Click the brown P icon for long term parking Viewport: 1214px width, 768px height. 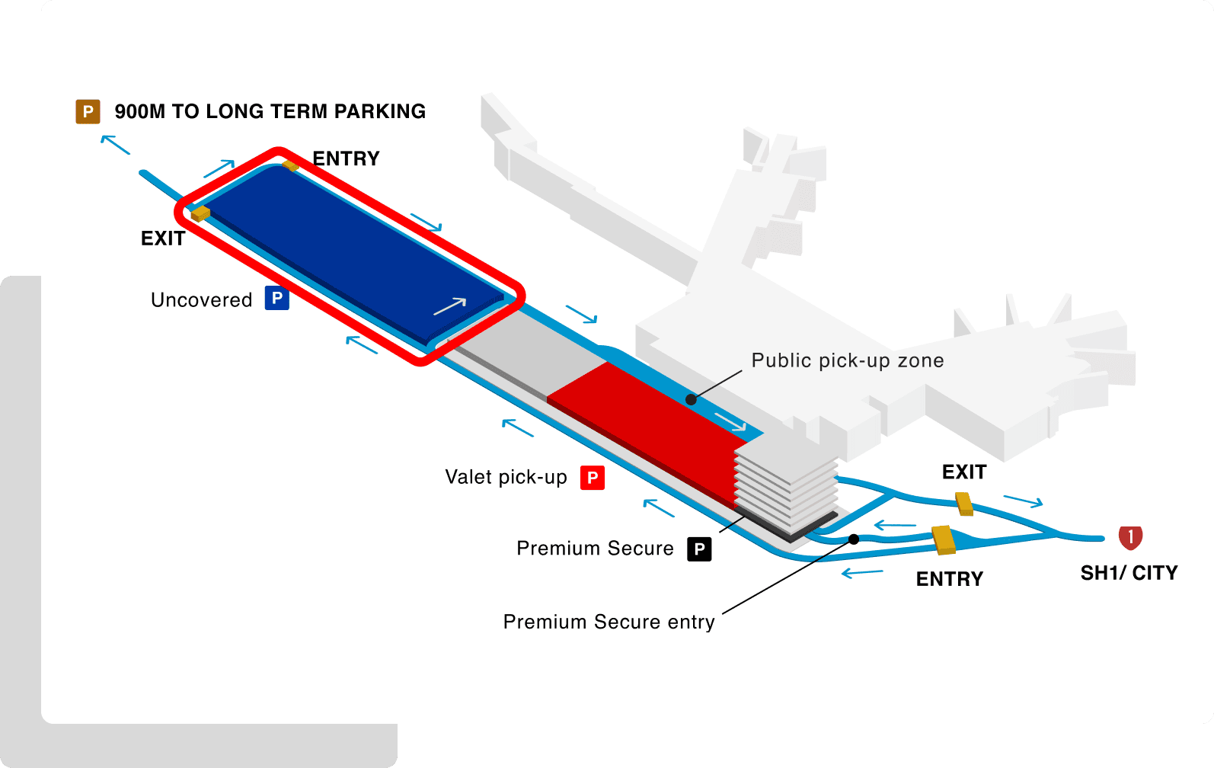click(x=88, y=112)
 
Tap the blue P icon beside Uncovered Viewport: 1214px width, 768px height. click(x=276, y=298)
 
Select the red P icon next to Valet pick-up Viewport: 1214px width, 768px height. click(x=592, y=478)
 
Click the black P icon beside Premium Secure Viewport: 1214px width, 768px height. click(x=699, y=549)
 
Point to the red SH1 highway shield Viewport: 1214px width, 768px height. click(x=1130, y=537)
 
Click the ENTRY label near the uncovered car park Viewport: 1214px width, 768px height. click(x=346, y=158)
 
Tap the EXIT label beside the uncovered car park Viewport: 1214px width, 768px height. click(x=163, y=238)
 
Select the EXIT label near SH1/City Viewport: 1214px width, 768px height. click(x=964, y=472)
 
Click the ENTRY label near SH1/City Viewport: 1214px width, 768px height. click(x=949, y=579)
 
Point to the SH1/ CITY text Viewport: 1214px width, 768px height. click(x=1129, y=573)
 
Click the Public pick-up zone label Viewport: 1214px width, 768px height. click(x=848, y=360)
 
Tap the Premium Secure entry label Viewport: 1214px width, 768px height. click(x=609, y=622)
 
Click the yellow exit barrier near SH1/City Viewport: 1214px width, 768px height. click(x=964, y=503)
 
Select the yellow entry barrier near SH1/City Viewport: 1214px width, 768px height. click(x=944, y=539)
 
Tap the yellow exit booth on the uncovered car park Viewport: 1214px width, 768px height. click(x=200, y=213)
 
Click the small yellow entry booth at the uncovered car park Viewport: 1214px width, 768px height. click(x=289, y=165)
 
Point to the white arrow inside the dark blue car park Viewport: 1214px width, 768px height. click(x=449, y=306)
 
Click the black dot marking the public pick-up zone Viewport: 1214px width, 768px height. click(x=691, y=399)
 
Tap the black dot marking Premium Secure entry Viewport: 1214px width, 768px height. click(x=854, y=539)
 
